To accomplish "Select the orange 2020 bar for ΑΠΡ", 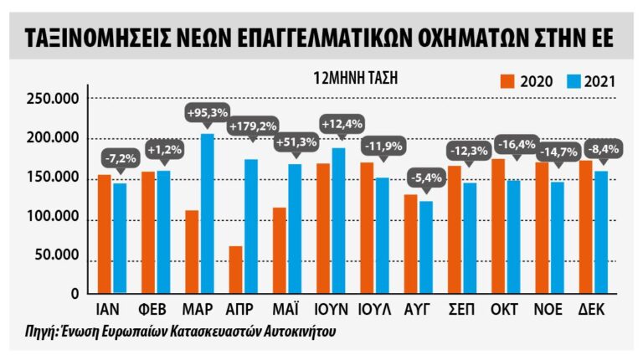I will [x=235, y=269].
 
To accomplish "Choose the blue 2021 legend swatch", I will [x=570, y=81].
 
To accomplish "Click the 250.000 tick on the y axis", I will [x=54, y=99].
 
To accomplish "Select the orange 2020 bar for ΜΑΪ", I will [x=279, y=249].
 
